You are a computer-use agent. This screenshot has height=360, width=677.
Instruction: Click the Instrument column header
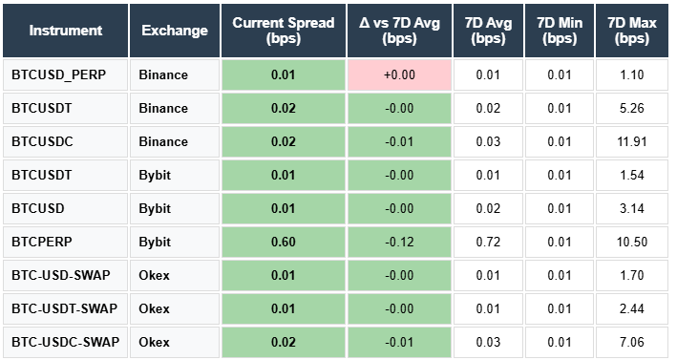click(x=65, y=30)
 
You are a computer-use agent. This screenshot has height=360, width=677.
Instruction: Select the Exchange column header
click(x=174, y=30)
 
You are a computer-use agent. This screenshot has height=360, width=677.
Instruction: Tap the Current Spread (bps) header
click(x=283, y=30)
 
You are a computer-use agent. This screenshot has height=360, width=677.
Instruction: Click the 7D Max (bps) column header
click(x=633, y=30)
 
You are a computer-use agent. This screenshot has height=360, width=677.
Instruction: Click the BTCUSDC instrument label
click(x=42, y=141)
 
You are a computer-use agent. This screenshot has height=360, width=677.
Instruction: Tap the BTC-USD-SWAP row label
click(x=61, y=275)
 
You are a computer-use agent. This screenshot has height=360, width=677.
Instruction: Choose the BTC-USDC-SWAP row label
click(x=65, y=342)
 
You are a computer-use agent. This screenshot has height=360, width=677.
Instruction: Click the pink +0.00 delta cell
click(x=398, y=74)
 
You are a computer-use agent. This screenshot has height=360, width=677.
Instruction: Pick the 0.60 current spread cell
click(x=283, y=242)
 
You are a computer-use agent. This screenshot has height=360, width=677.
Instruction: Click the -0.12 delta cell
click(x=398, y=242)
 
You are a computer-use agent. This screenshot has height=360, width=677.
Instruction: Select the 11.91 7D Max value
click(x=633, y=141)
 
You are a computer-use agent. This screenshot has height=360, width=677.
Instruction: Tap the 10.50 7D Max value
click(x=633, y=242)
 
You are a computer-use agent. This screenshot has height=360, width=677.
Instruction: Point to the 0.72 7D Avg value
click(x=488, y=242)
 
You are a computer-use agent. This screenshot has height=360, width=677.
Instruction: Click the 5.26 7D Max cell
click(x=633, y=108)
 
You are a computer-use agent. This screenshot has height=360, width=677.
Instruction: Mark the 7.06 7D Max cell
click(x=633, y=342)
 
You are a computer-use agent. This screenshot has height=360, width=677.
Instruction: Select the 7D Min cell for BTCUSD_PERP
click(x=559, y=74)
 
